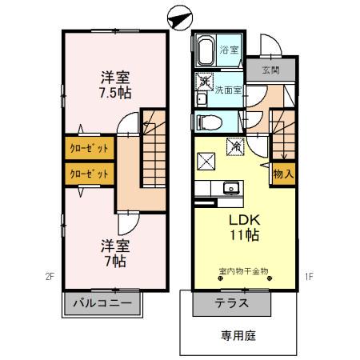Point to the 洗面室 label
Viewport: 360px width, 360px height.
point(228,90)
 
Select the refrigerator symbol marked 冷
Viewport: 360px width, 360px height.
point(236,145)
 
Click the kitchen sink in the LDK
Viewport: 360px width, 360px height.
point(232,189)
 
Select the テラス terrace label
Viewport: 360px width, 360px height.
point(231,303)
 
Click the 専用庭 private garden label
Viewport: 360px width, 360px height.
point(239,336)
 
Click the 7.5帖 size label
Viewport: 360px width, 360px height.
point(114,92)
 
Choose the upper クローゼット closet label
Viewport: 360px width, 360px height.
point(89,149)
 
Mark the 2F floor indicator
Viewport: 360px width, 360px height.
point(49,278)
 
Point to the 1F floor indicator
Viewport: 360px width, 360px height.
point(308,278)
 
